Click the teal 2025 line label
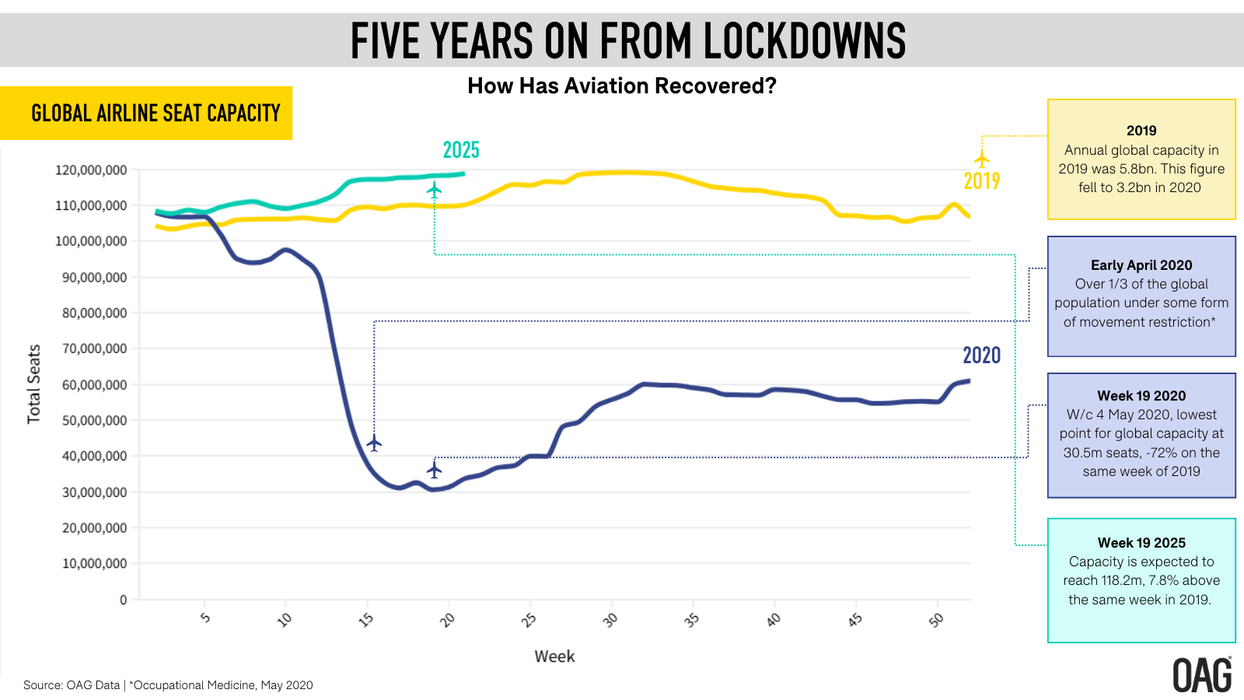click(461, 150)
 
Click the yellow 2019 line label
click(981, 181)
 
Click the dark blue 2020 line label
click(981, 355)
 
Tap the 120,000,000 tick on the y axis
click(91, 170)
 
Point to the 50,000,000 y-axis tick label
click(94, 421)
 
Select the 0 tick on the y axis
click(123, 600)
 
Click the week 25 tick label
click(529, 620)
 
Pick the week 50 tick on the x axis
click(936, 620)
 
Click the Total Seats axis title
click(33, 384)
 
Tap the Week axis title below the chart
click(554, 656)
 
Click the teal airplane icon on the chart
click(434, 189)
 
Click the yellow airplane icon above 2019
click(982, 159)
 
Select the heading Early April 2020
click(1141, 265)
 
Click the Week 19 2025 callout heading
click(1141, 543)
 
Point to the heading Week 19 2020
click(1141, 396)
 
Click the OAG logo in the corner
click(1201, 675)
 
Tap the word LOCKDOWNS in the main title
click(805, 41)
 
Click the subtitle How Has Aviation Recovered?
click(621, 86)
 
